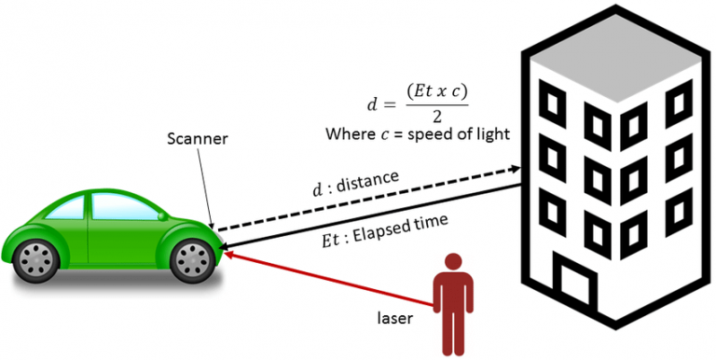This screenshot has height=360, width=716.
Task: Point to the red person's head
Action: [x=454, y=263]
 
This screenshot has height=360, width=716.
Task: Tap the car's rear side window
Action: [x=66, y=209]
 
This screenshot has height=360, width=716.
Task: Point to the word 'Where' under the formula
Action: [x=349, y=134]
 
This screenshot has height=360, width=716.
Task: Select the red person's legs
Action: [x=454, y=326]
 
